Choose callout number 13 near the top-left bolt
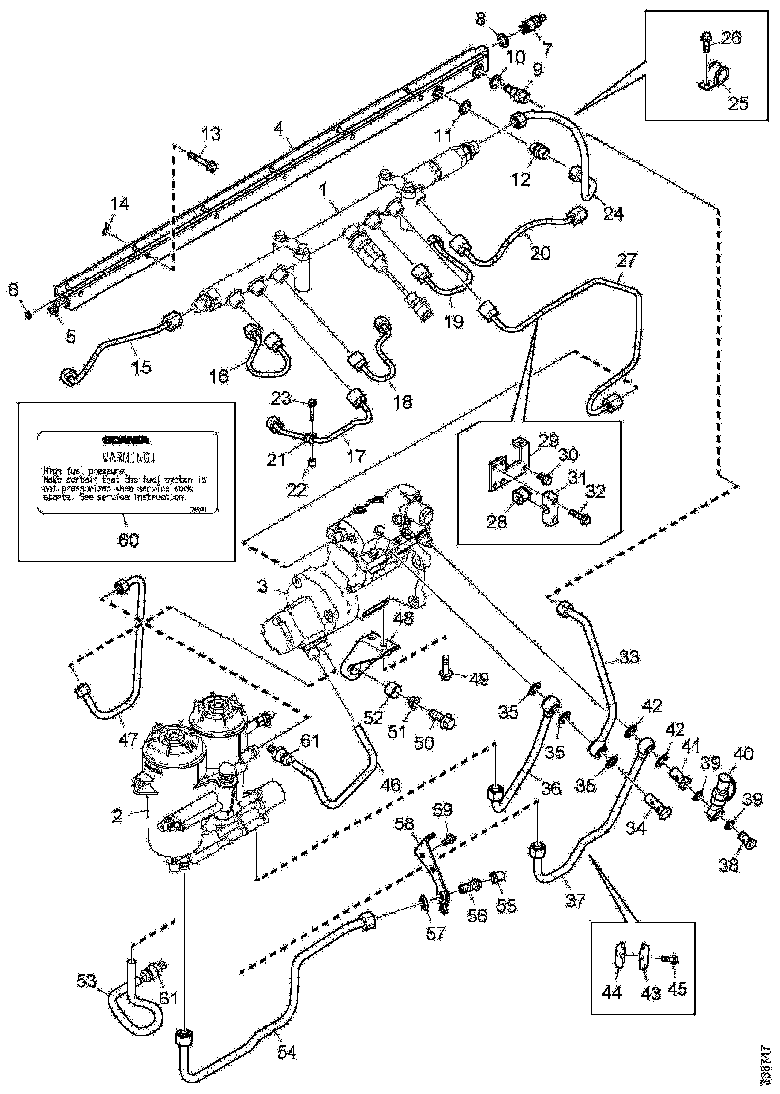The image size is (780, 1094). [x=211, y=134]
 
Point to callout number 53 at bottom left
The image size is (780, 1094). [x=87, y=982]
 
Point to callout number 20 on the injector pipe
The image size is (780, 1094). [x=540, y=253]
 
